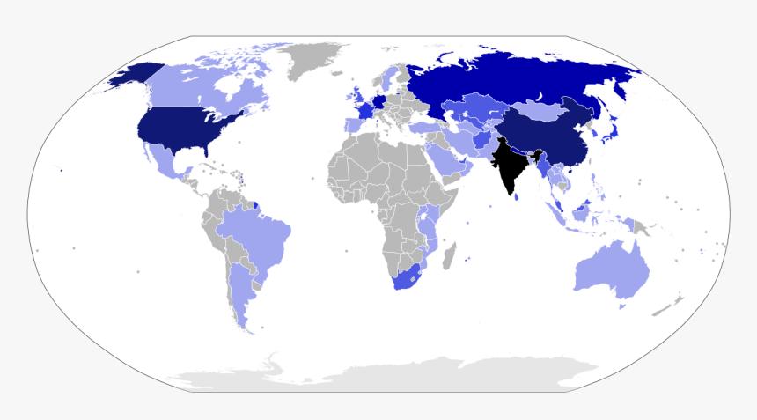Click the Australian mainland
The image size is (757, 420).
point(612,269)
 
